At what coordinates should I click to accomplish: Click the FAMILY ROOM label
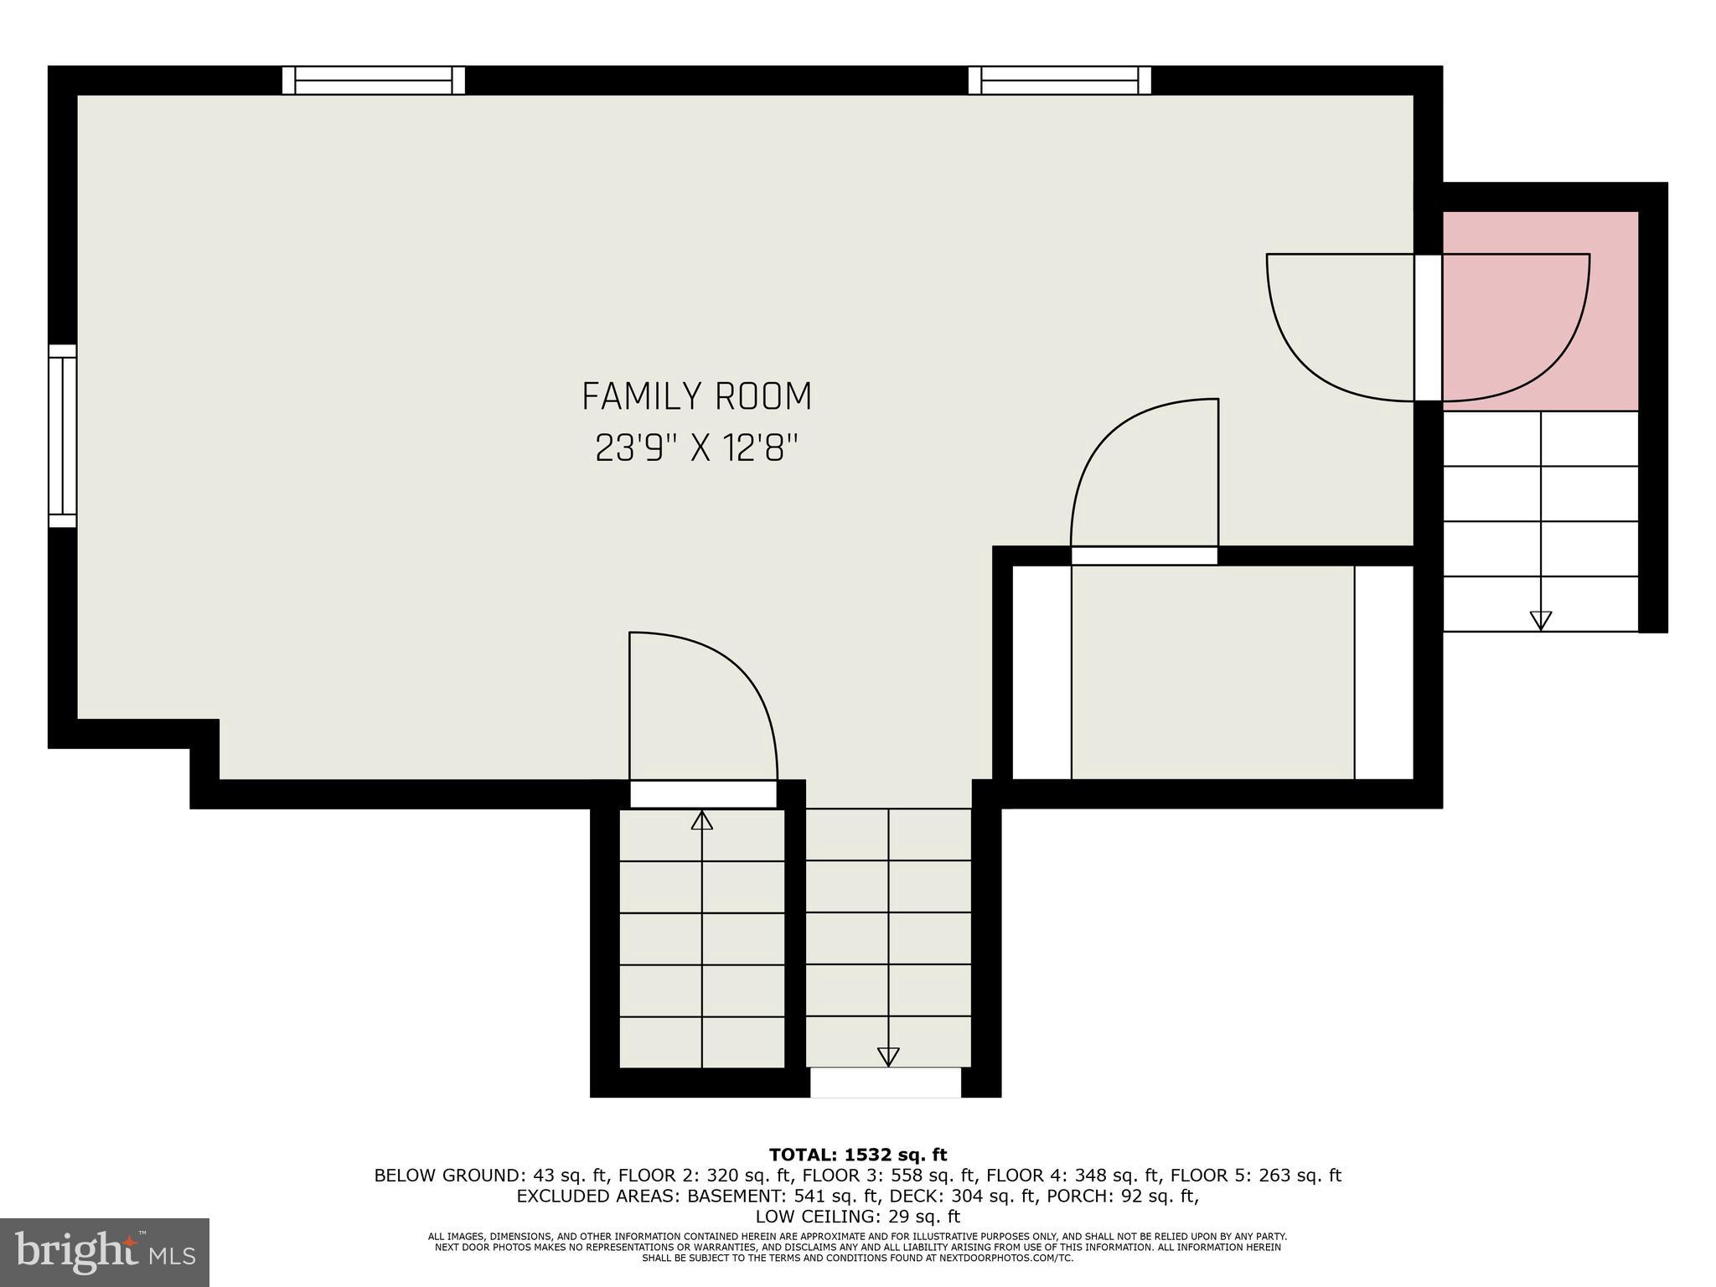click(x=696, y=396)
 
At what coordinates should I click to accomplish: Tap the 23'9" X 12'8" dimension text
click(x=695, y=448)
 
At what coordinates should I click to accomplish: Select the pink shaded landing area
click(x=1540, y=311)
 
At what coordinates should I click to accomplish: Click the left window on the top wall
click(x=373, y=80)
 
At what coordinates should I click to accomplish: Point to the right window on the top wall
click(x=1059, y=80)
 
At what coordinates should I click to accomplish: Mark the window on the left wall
click(x=62, y=436)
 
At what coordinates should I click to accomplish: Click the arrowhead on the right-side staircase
click(x=1540, y=620)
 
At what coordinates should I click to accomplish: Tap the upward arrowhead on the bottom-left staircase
click(x=701, y=820)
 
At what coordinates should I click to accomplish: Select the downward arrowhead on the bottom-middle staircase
click(x=887, y=1057)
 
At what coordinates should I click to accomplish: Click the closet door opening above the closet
click(x=1144, y=556)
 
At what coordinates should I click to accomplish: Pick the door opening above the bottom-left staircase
click(x=703, y=794)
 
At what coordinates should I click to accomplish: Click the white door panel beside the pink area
click(x=1428, y=328)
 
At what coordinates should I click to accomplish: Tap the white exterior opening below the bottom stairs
click(x=885, y=1083)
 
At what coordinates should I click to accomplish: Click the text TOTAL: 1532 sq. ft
click(x=858, y=1155)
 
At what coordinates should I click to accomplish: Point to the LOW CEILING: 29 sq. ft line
click(x=857, y=1216)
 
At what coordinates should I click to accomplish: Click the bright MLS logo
click(x=105, y=1252)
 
